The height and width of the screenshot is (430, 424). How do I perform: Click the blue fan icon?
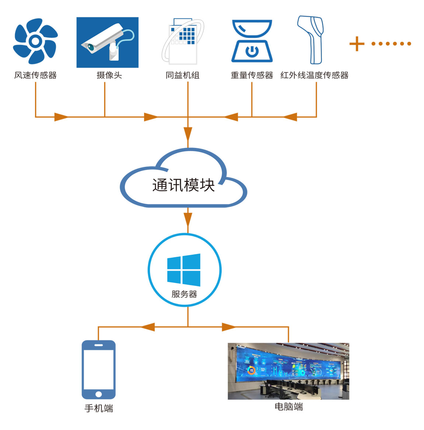pyautogui.click(x=35, y=41)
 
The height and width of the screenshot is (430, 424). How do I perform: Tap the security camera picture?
pyautogui.click(x=107, y=42)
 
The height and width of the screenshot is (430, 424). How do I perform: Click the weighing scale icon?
pyautogui.click(x=252, y=41)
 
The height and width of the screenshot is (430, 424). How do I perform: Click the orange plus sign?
pyautogui.click(x=357, y=44)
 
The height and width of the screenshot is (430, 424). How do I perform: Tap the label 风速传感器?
pyautogui.click(x=35, y=75)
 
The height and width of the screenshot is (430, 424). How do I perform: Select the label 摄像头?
pyautogui.click(x=109, y=75)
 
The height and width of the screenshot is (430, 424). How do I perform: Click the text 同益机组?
pyautogui.click(x=183, y=75)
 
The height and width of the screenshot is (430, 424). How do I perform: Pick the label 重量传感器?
pyautogui.click(x=252, y=75)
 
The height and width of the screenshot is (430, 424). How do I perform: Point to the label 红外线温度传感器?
pyautogui.click(x=314, y=75)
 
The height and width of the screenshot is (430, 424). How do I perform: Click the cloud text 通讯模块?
pyautogui.click(x=183, y=185)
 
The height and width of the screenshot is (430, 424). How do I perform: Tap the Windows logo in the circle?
pyautogui.click(x=184, y=270)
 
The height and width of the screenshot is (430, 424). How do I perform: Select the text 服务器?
pyautogui.click(x=184, y=294)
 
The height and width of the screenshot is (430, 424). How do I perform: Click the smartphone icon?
pyautogui.click(x=98, y=369)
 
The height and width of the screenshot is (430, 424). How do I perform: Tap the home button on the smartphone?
pyautogui.click(x=98, y=394)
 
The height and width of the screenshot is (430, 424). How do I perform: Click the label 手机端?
pyautogui.click(x=99, y=408)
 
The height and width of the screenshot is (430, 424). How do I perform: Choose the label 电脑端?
pyautogui.click(x=289, y=407)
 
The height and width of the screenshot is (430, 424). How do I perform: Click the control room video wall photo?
pyautogui.click(x=288, y=371)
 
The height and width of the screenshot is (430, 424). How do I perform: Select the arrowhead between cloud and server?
pyautogui.click(x=188, y=219)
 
